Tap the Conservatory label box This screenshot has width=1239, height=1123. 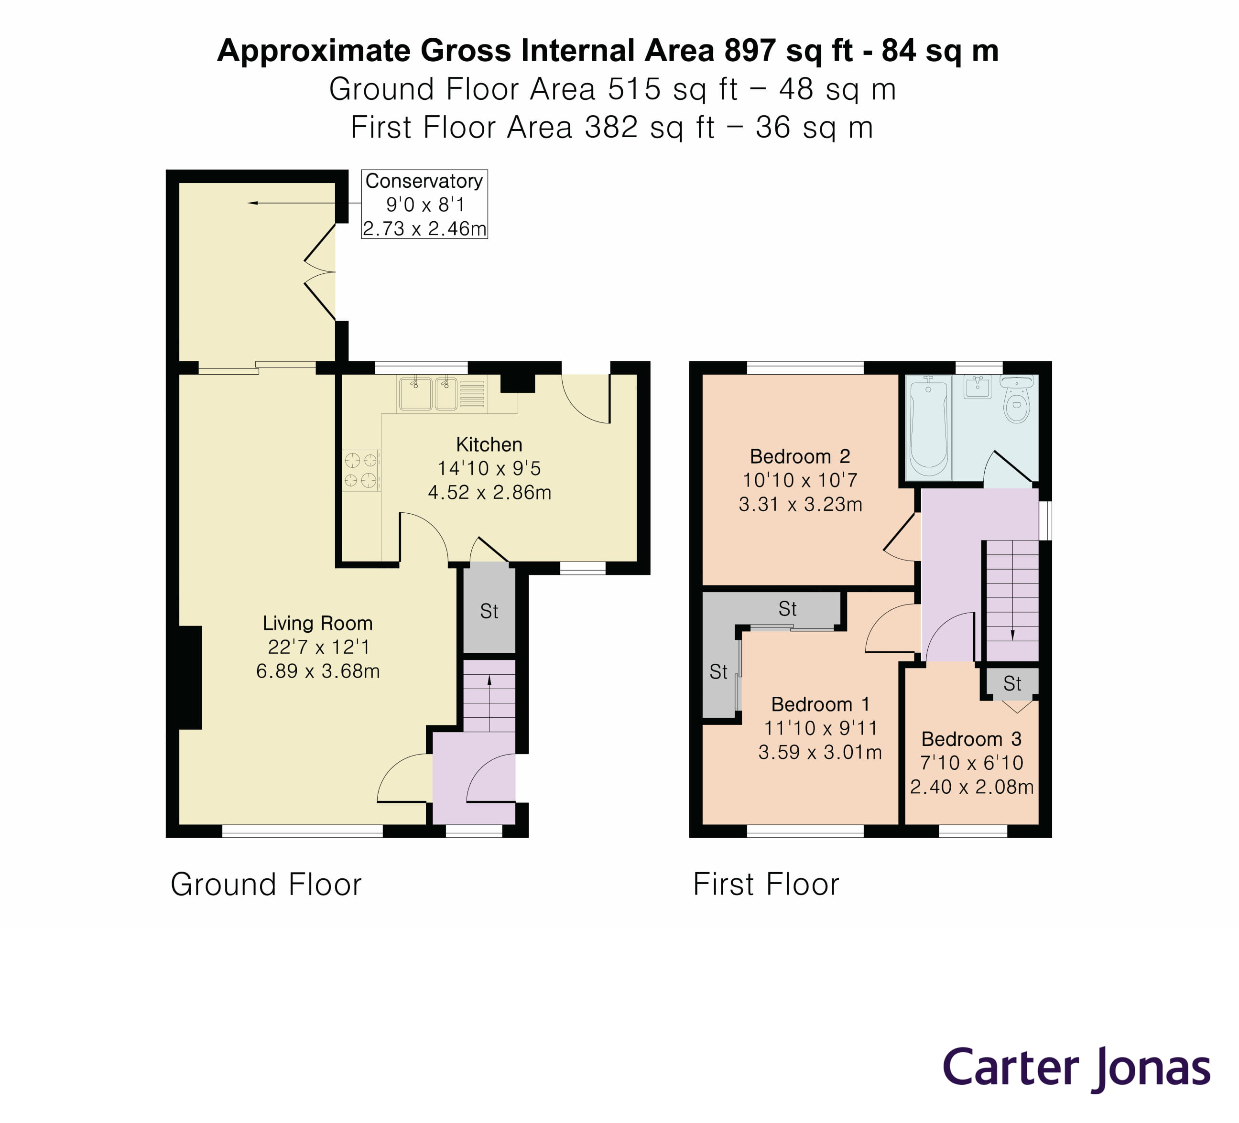[424, 204]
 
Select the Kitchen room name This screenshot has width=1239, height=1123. [489, 444]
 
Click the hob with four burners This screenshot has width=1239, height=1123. [361, 470]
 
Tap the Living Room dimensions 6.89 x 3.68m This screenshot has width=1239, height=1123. [318, 671]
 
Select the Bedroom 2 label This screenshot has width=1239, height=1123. [800, 456]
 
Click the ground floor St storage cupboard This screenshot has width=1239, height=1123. [489, 611]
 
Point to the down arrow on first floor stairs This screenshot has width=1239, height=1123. [1012, 635]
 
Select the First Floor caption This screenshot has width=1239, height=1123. [766, 885]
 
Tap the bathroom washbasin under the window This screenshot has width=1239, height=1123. [977, 387]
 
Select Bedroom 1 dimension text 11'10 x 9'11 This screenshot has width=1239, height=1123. [820, 728]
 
